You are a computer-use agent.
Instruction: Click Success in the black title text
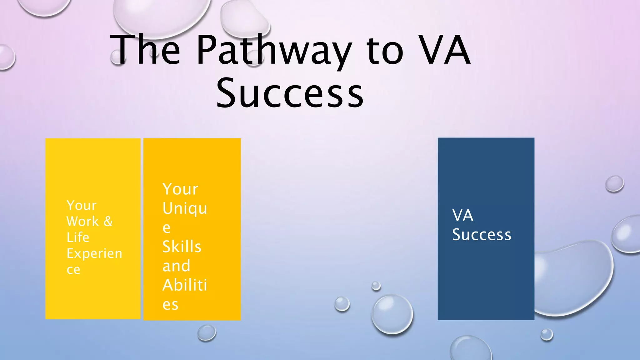tap(290, 93)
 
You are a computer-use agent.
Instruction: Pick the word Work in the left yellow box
tap(82, 221)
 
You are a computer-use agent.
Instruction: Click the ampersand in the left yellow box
tap(108, 221)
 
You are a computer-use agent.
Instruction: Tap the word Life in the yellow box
tap(78, 237)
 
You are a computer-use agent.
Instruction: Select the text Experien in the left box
tap(94, 253)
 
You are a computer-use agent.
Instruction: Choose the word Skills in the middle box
tap(182, 247)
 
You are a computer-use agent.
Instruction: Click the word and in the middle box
tap(176, 266)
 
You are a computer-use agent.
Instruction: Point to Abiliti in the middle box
tap(184, 285)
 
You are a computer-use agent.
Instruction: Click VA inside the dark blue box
tap(462, 215)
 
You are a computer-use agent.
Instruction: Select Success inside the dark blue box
tap(482, 235)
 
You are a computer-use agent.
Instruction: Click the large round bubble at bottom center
tap(392, 313)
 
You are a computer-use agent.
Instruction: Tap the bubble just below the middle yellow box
tap(207, 332)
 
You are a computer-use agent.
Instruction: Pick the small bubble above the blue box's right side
tap(614, 184)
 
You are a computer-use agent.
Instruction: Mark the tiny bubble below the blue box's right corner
tap(547, 335)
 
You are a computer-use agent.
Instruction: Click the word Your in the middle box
tap(180, 189)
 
